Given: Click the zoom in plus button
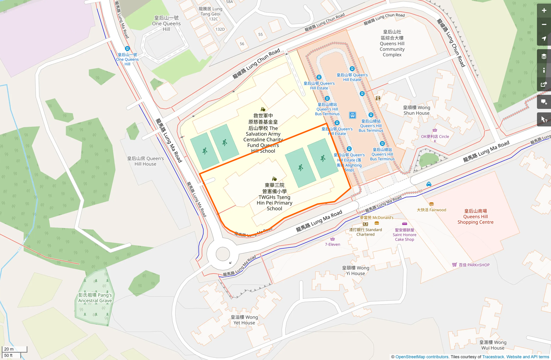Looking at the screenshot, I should click(544, 11).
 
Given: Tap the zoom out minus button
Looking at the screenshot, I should click(544, 25).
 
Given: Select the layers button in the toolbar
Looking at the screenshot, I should click(544, 56).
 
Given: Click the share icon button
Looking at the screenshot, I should click(544, 84).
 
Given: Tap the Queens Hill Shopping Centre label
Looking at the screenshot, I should click(475, 217).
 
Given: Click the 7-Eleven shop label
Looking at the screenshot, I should click(333, 244).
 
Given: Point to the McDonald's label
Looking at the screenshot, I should click(376, 217).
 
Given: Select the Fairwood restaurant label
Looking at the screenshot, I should click(431, 210).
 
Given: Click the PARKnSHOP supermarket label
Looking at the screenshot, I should click(474, 265).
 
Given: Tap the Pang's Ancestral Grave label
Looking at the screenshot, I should click(95, 298).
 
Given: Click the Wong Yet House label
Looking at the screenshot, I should click(244, 320).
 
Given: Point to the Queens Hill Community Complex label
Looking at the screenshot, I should click(392, 43).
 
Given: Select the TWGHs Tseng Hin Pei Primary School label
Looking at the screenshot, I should click(274, 197).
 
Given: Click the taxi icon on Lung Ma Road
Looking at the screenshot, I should click(429, 184).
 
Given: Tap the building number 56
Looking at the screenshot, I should click(242, 44).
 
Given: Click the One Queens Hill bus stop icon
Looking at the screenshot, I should click(127, 49).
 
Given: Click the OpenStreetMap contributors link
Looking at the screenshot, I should click(422, 357).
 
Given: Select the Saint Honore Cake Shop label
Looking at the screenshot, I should click(404, 235).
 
